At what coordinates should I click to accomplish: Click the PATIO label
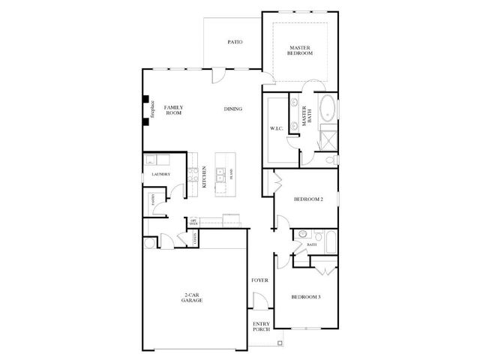[x=235, y=42]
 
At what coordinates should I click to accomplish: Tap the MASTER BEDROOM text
[x=300, y=52]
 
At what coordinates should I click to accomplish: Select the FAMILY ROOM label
[x=174, y=110]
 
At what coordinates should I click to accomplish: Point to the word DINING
[x=232, y=109]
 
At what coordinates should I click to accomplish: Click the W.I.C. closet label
[x=274, y=128]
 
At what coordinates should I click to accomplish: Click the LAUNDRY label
[x=160, y=175]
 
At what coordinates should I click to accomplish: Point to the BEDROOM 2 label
[x=307, y=199]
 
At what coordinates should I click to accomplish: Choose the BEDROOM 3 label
[x=306, y=298]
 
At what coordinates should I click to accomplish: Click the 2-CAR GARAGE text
[x=191, y=297]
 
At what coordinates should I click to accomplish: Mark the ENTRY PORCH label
[x=260, y=327]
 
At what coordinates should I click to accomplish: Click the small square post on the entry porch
[x=280, y=343]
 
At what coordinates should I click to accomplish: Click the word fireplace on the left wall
[x=152, y=110]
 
